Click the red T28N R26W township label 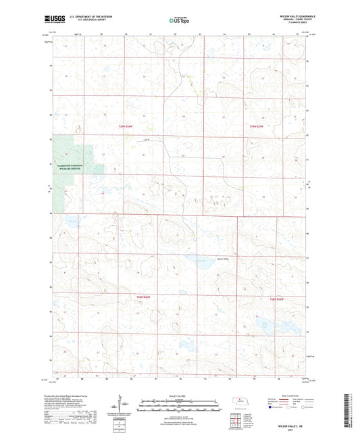pos(140,297)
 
